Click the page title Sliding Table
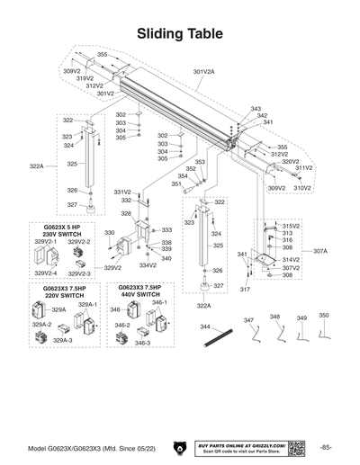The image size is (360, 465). pos(180,33)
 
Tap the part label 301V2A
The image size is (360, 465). pos(203,71)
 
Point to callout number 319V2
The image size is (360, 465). pos(84,78)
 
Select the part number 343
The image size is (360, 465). pos(256,108)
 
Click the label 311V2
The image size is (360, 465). pos(304,168)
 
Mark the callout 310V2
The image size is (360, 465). pos(302,188)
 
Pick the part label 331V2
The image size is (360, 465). pos(122,192)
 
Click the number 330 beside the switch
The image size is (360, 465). pos(109,233)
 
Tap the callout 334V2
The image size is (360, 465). pos(148,265)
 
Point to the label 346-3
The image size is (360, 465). pos(142,343)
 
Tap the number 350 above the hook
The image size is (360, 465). pos(324,316)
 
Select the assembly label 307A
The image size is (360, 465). pos(319,251)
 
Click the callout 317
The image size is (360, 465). pos(245,290)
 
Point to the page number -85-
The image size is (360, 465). pos(325,447)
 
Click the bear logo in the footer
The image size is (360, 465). pos(180,447)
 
